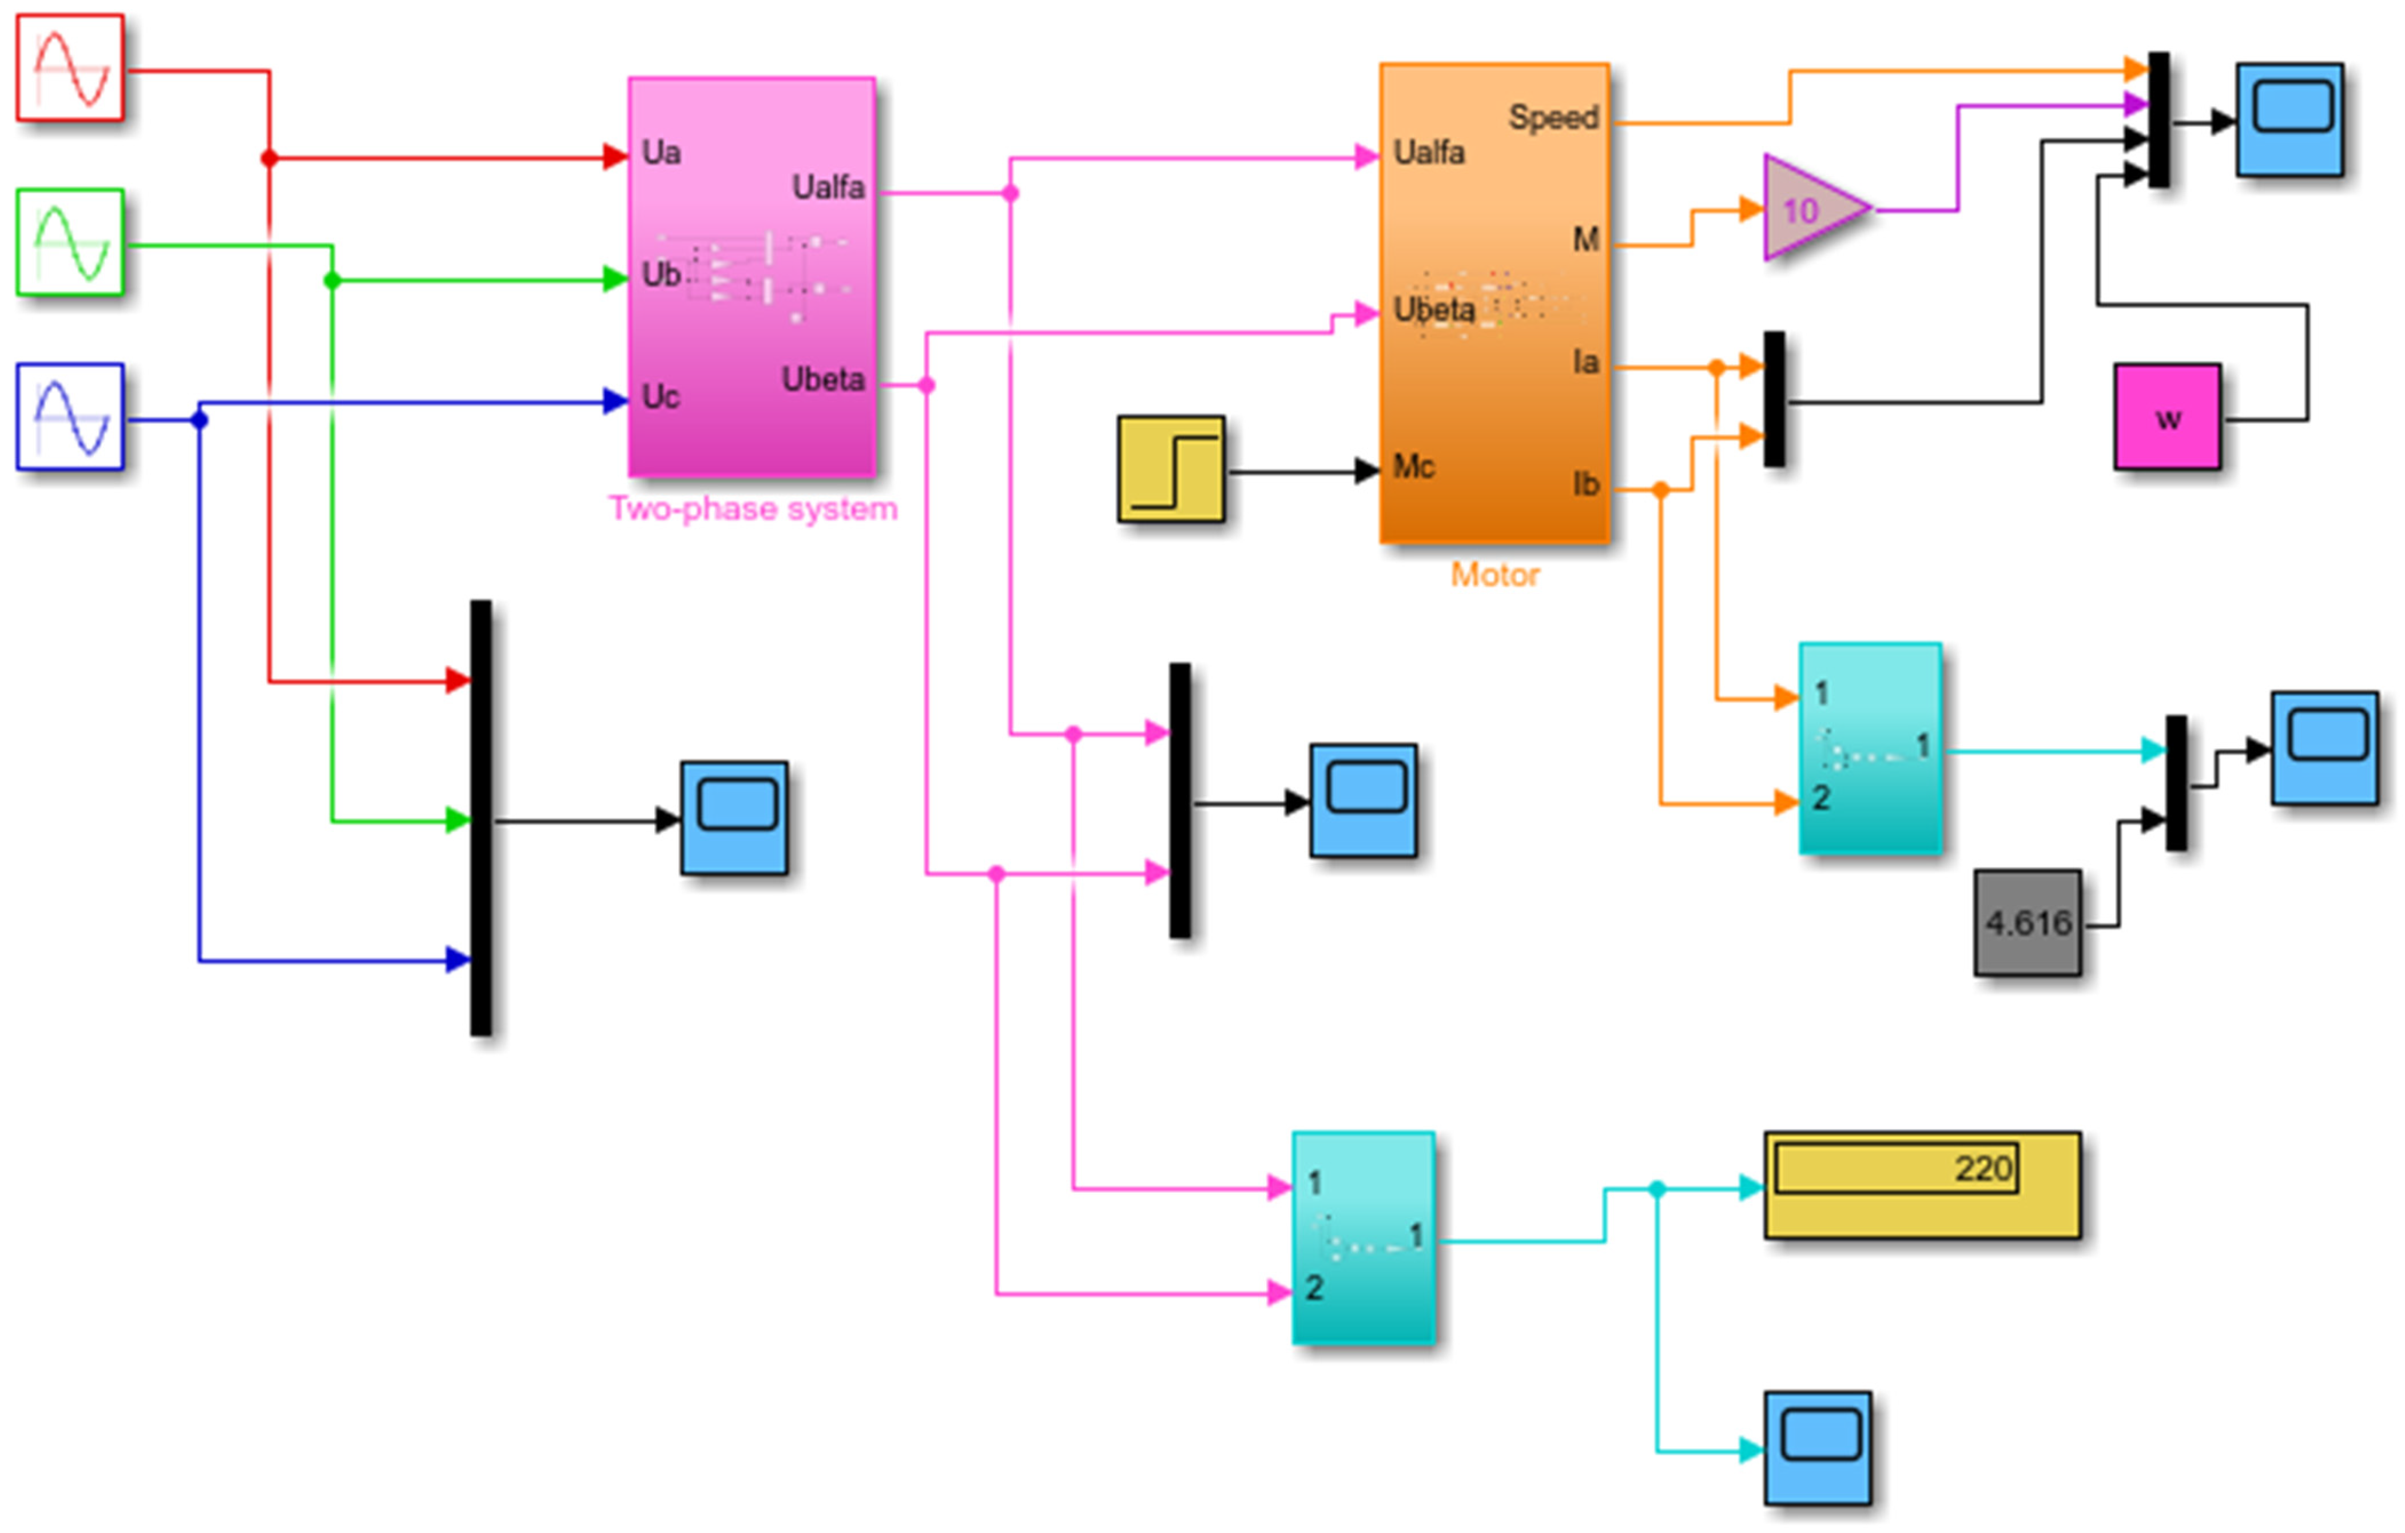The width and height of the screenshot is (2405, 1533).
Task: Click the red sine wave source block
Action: (70, 68)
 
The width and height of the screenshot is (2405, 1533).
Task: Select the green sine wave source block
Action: (70, 242)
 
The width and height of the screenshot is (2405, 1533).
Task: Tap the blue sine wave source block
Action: (70, 416)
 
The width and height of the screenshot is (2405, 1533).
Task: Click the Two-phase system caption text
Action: (753, 509)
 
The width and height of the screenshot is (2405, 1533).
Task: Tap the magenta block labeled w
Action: (2167, 416)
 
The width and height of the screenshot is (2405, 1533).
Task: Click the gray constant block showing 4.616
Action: (2028, 923)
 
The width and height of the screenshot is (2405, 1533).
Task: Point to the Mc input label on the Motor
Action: (1413, 467)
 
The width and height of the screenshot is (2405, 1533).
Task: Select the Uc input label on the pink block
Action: (660, 396)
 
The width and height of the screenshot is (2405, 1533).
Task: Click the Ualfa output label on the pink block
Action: (828, 187)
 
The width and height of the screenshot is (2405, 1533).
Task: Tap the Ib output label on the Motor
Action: (1586, 484)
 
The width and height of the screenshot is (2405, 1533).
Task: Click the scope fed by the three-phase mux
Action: (734, 818)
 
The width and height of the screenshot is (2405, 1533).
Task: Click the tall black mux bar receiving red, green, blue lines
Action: (480, 818)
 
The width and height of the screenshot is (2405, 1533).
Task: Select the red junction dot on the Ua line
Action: (269, 158)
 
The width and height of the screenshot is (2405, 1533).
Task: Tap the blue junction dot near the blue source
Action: (200, 420)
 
